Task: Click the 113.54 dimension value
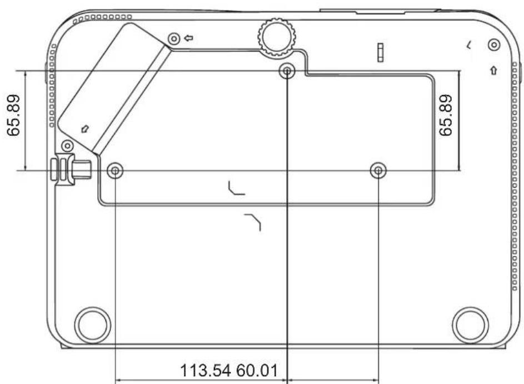[x=206, y=371]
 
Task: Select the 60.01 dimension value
[x=257, y=371]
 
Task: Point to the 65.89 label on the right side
[x=446, y=115]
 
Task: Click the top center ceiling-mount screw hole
[x=287, y=71]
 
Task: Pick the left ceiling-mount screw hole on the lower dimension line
[x=115, y=171]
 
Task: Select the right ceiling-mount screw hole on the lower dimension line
[x=378, y=171]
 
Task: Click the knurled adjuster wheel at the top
[x=277, y=37]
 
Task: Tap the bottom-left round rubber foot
[x=93, y=326]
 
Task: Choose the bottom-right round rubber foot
[x=470, y=326]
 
